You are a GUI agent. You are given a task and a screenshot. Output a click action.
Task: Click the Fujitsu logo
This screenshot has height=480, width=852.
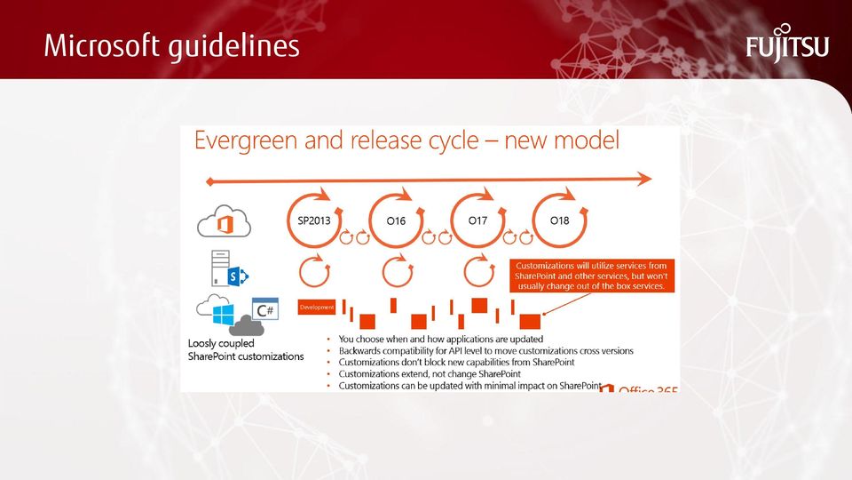point(787,44)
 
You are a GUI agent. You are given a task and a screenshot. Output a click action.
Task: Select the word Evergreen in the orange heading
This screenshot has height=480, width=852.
point(245,141)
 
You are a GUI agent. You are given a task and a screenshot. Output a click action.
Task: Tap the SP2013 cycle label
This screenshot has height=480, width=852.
point(314,220)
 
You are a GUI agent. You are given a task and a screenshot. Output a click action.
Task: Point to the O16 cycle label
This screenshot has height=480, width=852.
point(396,220)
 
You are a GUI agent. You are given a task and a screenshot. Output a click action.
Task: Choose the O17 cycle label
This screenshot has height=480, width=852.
point(477,220)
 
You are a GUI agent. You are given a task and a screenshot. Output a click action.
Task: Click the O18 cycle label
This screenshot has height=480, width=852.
point(560,220)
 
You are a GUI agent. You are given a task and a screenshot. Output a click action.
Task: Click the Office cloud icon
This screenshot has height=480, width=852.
point(224,221)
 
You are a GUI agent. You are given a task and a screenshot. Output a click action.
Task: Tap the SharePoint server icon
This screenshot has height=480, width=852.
point(229,268)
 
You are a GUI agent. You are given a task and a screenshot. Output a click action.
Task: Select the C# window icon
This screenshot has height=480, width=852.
point(265,308)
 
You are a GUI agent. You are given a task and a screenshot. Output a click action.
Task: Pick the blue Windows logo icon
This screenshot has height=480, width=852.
point(224,315)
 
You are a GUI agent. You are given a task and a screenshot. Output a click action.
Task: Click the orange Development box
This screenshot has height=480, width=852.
point(316,307)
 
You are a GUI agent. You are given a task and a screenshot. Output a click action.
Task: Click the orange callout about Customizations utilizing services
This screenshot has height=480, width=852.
point(591,276)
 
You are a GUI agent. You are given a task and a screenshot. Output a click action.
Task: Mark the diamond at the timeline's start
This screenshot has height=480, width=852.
point(209,181)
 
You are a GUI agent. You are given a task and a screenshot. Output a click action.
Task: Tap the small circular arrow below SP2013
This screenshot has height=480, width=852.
point(314,271)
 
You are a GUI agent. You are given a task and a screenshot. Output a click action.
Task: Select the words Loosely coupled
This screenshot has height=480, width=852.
point(221,343)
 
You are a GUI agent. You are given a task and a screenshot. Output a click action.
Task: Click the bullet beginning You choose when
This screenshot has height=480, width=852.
point(441,339)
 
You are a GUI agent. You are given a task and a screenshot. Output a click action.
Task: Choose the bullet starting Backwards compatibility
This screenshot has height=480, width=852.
point(485,351)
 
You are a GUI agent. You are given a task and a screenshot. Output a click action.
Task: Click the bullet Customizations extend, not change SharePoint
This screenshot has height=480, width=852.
point(430,374)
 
